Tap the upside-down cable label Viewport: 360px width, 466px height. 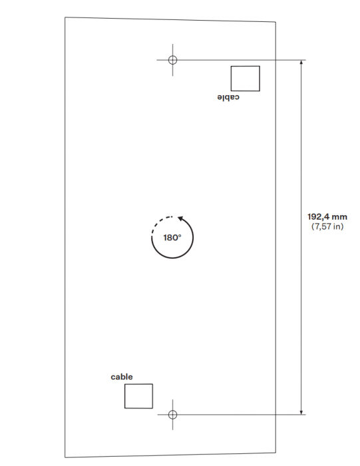point(228,97)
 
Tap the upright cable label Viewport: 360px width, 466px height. point(122,377)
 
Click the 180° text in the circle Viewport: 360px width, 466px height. point(172,238)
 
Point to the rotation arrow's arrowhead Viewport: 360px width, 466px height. point(180,219)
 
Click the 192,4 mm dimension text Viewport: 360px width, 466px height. point(327,216)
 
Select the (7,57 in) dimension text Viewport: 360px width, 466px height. point(327,226)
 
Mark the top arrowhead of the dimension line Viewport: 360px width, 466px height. point(301,63)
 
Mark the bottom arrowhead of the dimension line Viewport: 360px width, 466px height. point(301,412)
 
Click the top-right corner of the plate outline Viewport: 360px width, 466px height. point(275,22)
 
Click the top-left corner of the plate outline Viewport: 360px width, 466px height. point(65,17)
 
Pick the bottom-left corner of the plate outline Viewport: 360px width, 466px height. point(65,458)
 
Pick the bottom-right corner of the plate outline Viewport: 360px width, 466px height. point(275,453)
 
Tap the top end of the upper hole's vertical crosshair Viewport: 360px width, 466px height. point(172,45)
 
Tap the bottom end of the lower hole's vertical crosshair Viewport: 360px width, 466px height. point(172,430)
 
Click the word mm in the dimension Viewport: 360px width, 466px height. point(339,217)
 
